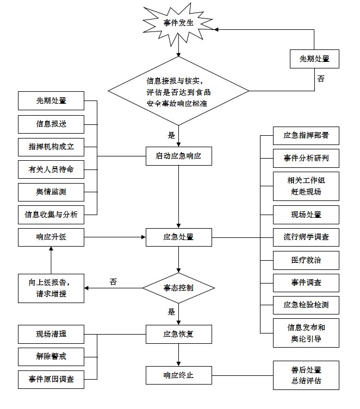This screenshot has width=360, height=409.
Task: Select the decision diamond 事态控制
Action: coord(178,288)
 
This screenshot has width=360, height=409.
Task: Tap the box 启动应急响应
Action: coord(178,156)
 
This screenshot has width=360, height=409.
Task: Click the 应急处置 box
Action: coord(178,237)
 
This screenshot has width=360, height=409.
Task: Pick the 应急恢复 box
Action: coord(178,333)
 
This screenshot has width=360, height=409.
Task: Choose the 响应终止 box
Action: coord(178,375)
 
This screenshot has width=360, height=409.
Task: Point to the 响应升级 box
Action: coord(51,237)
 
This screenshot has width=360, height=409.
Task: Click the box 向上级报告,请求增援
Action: coord(51,288)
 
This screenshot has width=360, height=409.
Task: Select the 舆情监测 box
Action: coord(51,192)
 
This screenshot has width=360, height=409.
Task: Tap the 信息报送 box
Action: coord(51,123)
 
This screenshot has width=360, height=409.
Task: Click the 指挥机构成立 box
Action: coord(51,147)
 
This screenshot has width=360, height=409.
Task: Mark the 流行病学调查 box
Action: coord(306,237)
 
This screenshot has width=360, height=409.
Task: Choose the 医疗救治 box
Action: coord(306,260)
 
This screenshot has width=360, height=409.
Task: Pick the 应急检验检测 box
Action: coord(306,305)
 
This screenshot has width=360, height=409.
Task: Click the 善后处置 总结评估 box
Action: coord(306,375)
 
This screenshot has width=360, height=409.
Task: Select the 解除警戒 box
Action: coord(51,356)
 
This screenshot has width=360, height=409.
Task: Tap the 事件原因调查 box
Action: coord(51,379)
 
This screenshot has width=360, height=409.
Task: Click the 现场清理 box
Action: coord(51,334)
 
